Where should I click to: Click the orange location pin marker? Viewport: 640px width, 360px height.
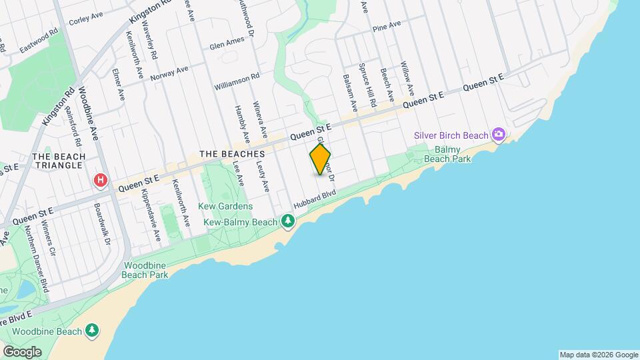[320, 159]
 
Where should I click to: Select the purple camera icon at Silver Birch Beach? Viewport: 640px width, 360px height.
[498, 135]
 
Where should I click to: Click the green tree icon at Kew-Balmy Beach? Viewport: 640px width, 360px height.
[288, 221]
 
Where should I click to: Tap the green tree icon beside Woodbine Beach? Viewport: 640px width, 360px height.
[91, 331]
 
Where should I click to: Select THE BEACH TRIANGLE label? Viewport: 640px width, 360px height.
[59, 161]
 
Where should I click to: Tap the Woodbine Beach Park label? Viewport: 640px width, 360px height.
[145, 269]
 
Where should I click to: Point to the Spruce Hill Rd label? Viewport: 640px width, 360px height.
[367, 85]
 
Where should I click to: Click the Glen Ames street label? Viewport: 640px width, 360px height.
[227, 43]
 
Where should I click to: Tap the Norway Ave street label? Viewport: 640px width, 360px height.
[169, 73]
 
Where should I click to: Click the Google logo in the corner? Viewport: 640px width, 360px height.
[22, 351]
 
